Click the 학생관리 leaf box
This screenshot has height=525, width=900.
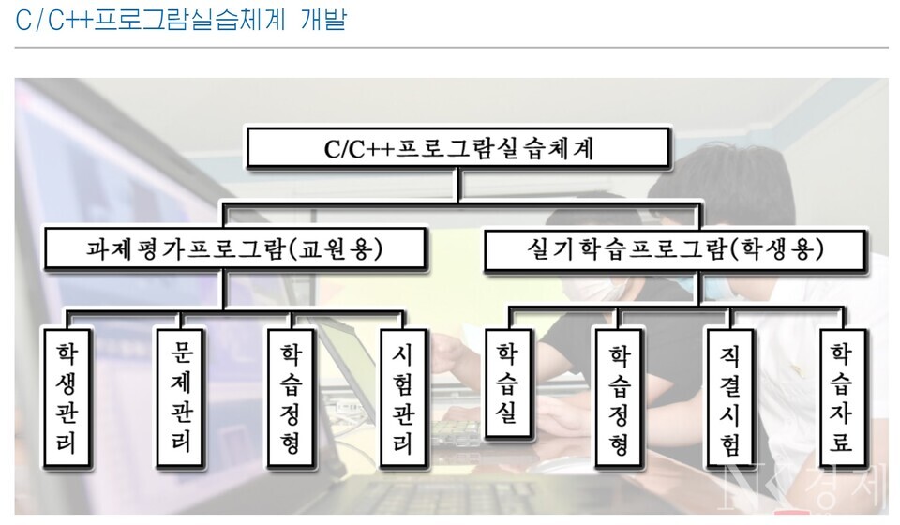point(67,396)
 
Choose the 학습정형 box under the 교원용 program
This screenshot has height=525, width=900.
point(291,396)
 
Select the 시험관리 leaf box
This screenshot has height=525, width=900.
point(402,396)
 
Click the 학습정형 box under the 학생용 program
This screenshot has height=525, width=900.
point(620,396)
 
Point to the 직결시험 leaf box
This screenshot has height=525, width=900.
point(731,396)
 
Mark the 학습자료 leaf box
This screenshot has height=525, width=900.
point(842,396)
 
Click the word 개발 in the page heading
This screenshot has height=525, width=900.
point(323,19)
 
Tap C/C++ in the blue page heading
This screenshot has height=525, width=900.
point(52,19)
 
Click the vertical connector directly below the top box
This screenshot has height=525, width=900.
point(457,185)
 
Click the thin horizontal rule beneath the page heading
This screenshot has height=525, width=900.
point(450,47)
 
